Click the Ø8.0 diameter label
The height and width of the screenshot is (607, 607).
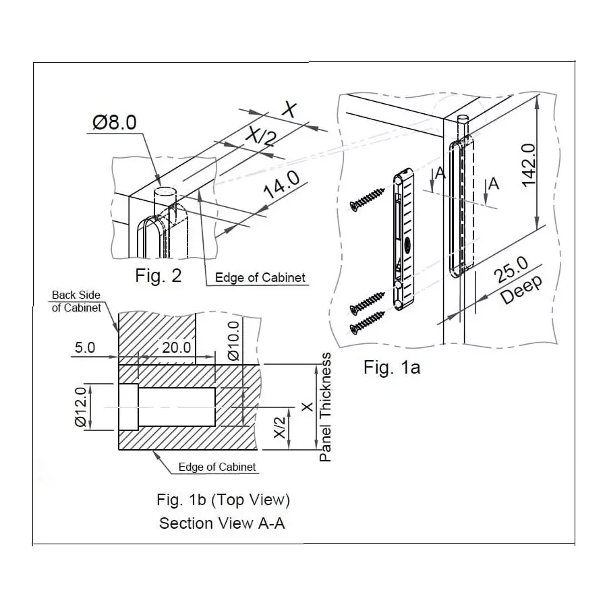point(115,122)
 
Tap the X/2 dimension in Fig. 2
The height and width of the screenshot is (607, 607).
point(260,138)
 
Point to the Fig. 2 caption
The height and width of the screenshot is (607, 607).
point(158,275)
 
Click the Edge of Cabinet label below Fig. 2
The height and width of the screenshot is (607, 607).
point(260,277)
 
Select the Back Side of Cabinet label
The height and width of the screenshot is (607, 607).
point(77,301)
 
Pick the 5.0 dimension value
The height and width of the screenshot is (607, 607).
point(85,348)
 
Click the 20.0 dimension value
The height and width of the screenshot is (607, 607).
point(177,348)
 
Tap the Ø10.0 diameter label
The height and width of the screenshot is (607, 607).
point(233,341)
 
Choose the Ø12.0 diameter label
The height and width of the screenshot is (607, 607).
point(80,407)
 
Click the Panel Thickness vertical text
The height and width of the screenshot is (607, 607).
point(326,407)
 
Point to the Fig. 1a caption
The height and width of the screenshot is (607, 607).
point(392,368)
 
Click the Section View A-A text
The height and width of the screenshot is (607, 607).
point(222,523)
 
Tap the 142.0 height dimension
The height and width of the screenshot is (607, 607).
point(527,164)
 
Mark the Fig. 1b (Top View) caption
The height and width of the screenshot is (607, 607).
point(223,500)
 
